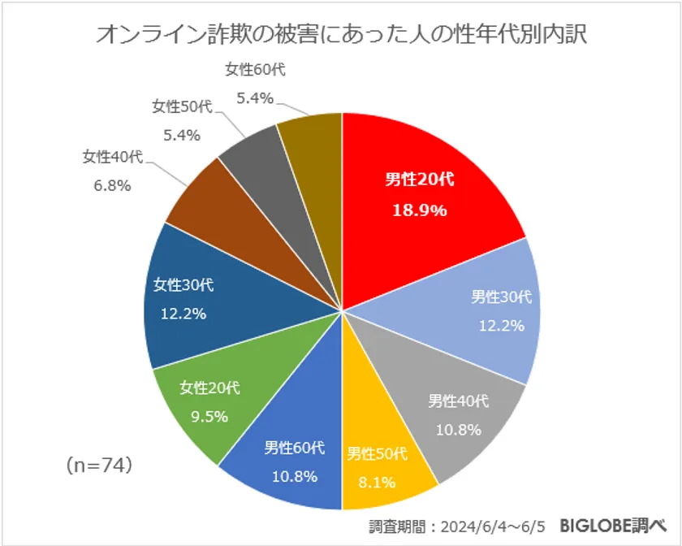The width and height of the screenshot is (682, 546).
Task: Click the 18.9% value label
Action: pos(421,210)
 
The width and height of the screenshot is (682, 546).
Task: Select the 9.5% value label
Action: pos(209,417)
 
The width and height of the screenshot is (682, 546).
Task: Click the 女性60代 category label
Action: pos(255,70)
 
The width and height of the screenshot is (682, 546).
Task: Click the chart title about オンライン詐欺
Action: pos(341,34)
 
